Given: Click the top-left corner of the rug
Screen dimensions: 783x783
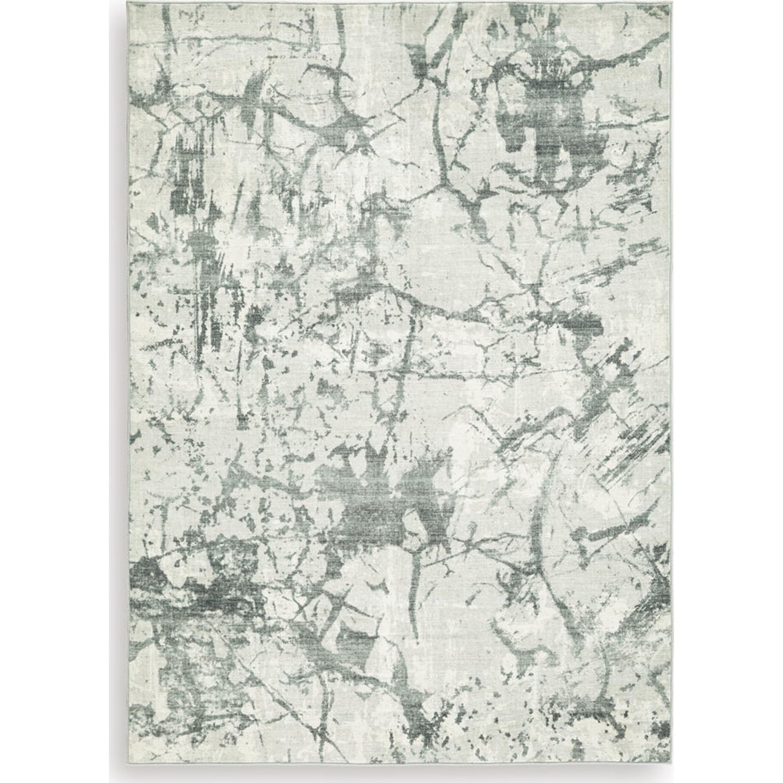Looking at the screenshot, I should click(x=128, y=5).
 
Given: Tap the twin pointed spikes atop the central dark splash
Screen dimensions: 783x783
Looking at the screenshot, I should click(x=365, y=454).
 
